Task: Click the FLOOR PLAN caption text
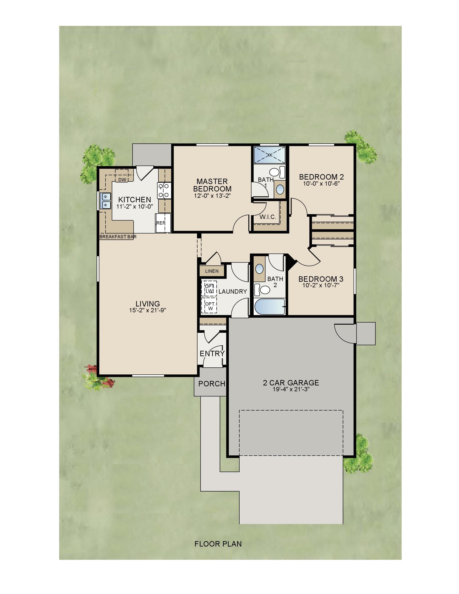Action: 218,544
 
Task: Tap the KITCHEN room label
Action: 134,200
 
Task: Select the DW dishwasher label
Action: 122,180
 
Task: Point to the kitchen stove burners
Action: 164,190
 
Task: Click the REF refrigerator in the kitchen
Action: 163,223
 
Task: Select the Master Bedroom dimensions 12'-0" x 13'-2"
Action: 212,196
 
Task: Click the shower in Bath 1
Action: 270,155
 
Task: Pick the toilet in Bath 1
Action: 275,172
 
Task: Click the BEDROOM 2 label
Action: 321,177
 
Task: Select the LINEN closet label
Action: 211,271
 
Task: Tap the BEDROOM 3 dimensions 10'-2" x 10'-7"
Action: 321,285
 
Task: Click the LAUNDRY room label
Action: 233,292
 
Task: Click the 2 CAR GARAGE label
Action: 291,383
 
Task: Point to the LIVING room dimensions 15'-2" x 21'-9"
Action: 148,310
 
